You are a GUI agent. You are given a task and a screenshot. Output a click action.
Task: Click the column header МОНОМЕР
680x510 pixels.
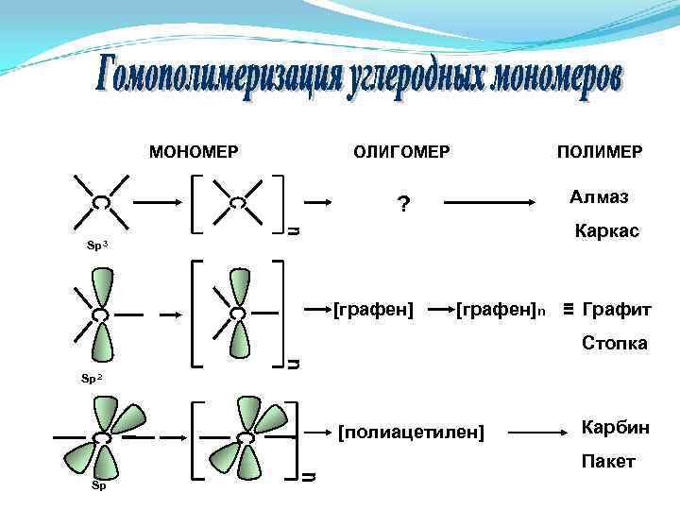click(x=193, y=151)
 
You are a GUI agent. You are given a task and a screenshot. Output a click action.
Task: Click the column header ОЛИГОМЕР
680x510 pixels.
click(x=401, y=151)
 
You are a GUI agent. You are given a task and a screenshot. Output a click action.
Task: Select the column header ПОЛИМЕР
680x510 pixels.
click(x=600, y=151)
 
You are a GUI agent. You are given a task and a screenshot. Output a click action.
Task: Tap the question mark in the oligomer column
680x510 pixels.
click(x=403, y=204)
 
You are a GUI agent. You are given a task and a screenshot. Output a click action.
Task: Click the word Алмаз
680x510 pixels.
click(x=600, y=196)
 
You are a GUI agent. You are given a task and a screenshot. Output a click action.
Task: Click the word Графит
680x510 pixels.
click(x=618, y=309)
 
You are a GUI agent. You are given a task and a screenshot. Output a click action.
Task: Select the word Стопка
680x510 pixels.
click(x=614, y=343)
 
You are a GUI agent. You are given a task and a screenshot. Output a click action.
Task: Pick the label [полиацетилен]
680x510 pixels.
click(x=411, y=433)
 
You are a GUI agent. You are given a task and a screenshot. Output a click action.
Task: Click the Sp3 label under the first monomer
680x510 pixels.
click(x=96, y=246)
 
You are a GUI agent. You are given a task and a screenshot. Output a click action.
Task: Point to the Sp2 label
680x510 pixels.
click(x=93, y=379)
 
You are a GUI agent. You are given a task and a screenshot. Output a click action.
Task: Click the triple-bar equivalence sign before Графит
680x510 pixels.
click(x=569, y=309)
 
